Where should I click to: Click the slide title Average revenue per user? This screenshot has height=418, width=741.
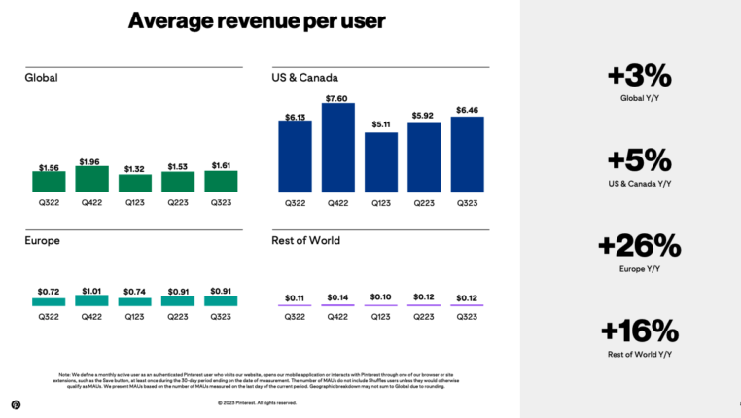point(257,20)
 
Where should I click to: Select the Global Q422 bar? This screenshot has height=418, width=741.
point(91,179)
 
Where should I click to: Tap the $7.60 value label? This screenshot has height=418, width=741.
point(337,97)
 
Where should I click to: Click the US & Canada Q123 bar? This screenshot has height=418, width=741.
point(381,161)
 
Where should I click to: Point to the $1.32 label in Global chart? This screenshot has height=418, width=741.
point(134,168)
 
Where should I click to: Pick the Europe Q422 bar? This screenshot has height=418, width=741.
point(91,300)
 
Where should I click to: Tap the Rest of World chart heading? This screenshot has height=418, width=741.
point(306,240)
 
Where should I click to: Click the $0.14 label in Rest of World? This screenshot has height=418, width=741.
point(337,296)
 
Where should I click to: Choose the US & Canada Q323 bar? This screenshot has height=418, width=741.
point(468,154)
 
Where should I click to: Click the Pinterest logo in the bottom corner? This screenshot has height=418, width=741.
point(16,404)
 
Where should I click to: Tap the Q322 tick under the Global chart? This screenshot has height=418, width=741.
point(49,202)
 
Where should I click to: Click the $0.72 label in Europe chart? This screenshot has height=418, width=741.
point(49,291)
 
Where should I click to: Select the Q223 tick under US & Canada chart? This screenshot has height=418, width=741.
point(424,202)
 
